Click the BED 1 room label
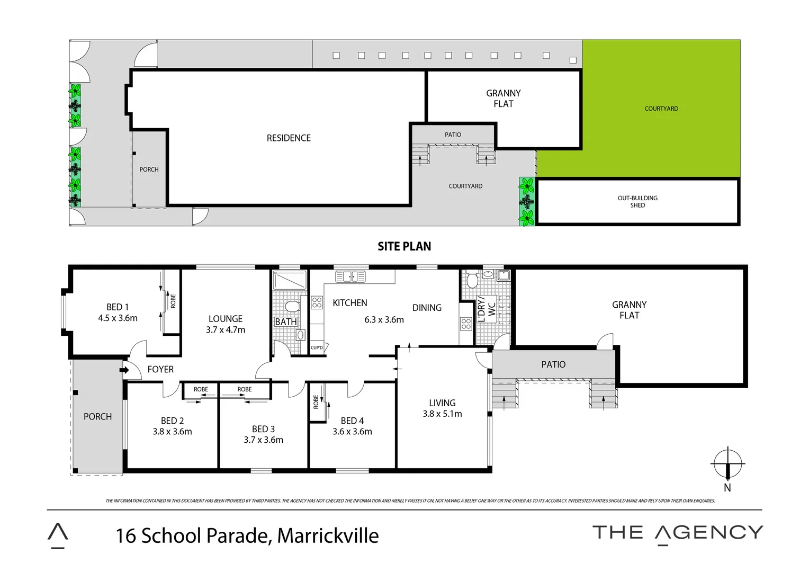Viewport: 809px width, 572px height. (x=117, y=307)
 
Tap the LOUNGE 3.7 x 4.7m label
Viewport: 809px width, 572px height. (x=226, y=324)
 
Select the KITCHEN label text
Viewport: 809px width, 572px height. (x=349, y=303)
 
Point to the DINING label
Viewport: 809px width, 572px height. (x=427, y=308)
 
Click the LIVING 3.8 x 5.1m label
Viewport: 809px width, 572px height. (x=442, y=408)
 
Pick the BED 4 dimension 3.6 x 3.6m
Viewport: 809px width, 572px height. (x=352, y=432)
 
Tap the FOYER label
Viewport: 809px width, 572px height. (x=160, y=369)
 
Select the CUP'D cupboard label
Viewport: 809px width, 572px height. (x=317, y=348)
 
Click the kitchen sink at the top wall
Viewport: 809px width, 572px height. (x=350, y=276)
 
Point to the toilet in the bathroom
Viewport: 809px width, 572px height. (x=292, y=307)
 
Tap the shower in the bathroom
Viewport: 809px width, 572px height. (x=290, y=281)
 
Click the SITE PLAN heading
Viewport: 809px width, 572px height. (x=404, y=246)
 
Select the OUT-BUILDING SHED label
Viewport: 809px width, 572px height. (x=637, y=202)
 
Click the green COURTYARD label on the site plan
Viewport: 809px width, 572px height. (x=661, y=109)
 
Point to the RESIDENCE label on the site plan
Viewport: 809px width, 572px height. (x=289, y=138)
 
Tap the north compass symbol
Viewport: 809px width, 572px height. (x=728, y=464)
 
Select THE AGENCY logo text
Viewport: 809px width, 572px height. (x=677, y=533)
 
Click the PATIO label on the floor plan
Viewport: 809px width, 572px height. (x=553, y=364)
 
